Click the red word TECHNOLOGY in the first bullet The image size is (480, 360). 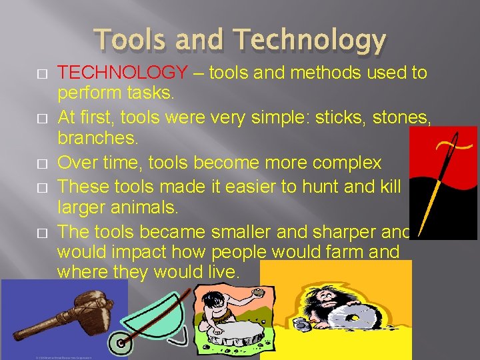coord(123,73)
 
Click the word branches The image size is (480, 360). coord(97,140)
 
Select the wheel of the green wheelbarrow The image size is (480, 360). coord(122,343)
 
